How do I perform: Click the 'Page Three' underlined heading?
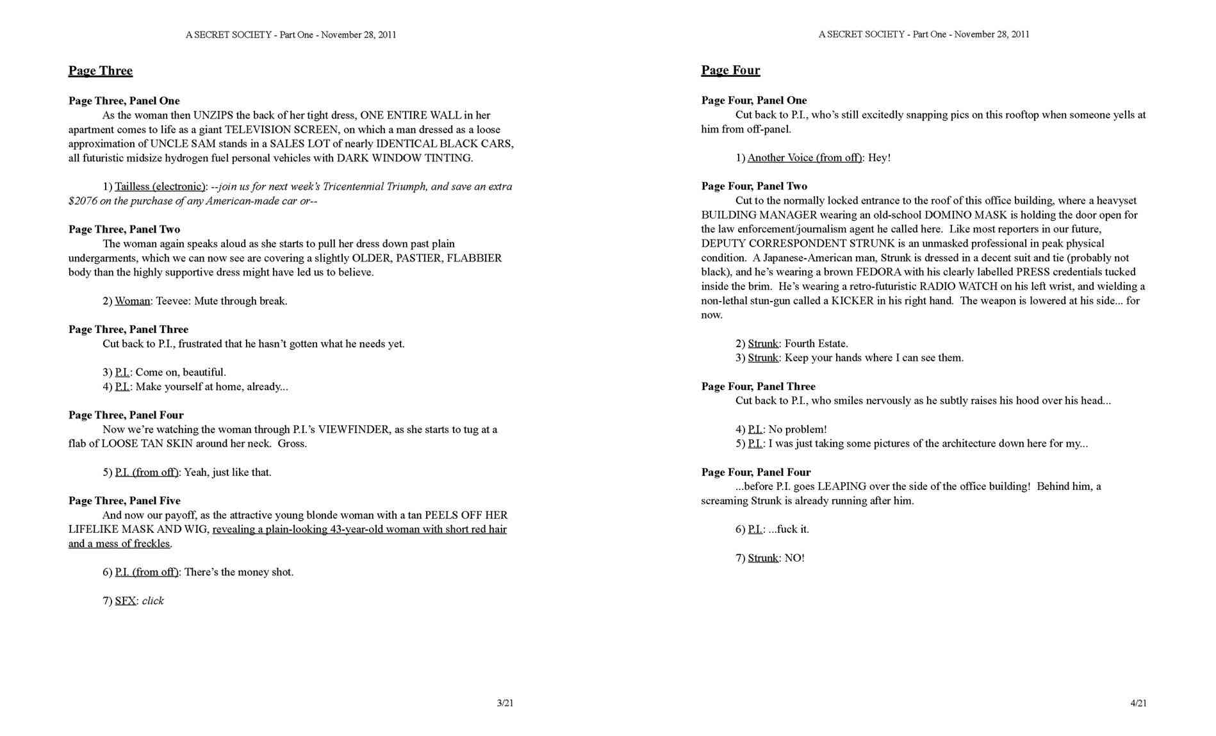(101, 71)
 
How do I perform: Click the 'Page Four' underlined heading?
(730, 70)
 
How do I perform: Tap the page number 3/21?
(505, 703)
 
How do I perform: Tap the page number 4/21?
(1138, 703)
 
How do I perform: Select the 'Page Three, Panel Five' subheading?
(124, 501)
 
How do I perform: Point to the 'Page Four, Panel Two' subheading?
(754, 186)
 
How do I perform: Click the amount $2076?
(83, 201)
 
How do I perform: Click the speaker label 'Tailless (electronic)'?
(160, 187)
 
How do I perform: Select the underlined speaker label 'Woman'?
(133, 301)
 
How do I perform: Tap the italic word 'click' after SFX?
(152, 601)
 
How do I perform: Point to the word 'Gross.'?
(292, 444)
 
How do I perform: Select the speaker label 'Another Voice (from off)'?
(805, 158)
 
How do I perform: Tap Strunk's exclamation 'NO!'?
(794, 558)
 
